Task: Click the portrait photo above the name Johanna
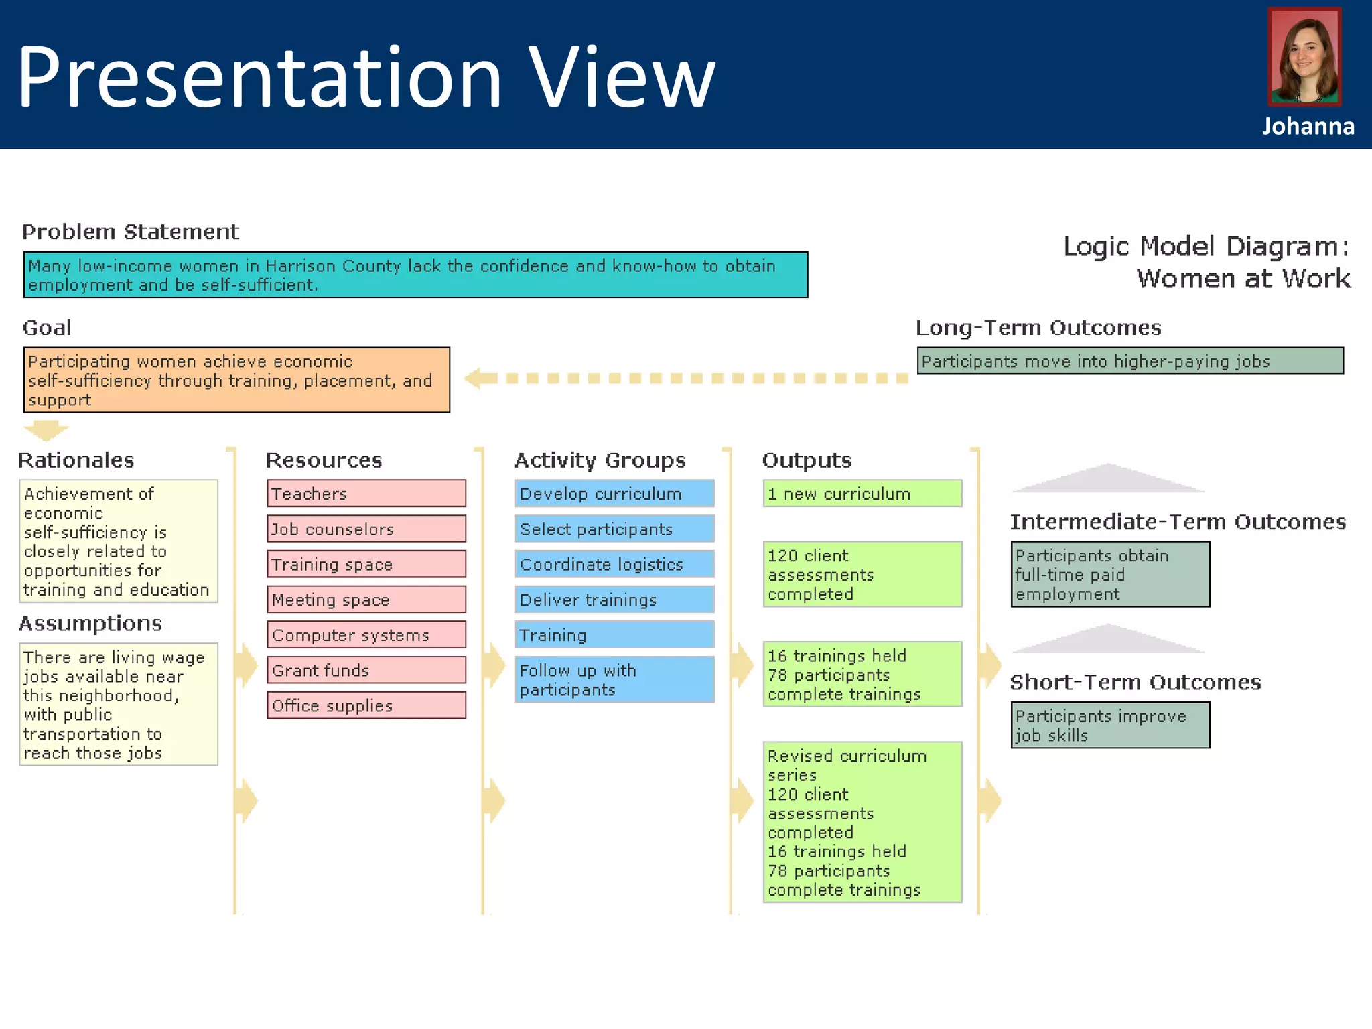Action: pos(1304,57)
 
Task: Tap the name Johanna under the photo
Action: pos(1308,127)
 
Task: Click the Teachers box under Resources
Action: pos(366,494)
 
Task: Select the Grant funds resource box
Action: pos(366,670)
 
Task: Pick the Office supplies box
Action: pos(366,705)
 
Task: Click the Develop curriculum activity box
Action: pos(614,494)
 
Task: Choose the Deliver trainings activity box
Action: pos(614,600)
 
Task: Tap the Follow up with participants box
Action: pos(614,680)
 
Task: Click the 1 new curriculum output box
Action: pos(862,494)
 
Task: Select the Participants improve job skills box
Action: pos(1110,726)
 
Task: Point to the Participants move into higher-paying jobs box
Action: pos(1130,361)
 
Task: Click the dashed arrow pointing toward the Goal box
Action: pos(687,379)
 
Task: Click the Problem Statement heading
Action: pos(131,232)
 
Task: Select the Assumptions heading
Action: pos(90,624)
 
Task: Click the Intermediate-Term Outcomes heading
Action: pos(1178,522)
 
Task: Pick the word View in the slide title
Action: pos(622,76)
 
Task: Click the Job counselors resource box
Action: pos(366,529)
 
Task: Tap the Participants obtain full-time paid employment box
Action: pos(1110,575)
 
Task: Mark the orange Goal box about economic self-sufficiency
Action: pos(236,380)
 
